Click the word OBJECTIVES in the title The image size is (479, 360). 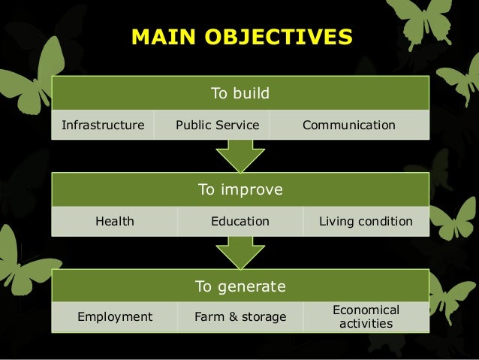pyautogui.click(x=277, y=37)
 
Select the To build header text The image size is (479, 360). pyautogui.click(x=239, y=94)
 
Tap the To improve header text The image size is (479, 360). pyautogui.click(x=239, y=190)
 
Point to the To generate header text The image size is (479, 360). pyautogui.click(x=239, y=286)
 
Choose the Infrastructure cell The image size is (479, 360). pyautogui.click(x=103, y=125)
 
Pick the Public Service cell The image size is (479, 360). pyautogui.click(x=217, y=125)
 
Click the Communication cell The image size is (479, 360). pyautogui.click(x=348, y=125)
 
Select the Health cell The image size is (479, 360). pyautogui.click(x=114, y=222)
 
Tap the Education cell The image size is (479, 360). pyautogui.click(x=239, y=222)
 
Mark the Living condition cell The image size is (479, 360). pyautogui.click(x=366, y=222)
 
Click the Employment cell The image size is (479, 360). pyautogui.click(x=114, y=317)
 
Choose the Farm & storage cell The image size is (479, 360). pyautogui.click(x=239, y=317)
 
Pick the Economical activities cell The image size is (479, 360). pyautogui.click(x=366, y=317)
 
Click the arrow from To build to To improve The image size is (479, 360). pyautogui.click(x=239, y=156)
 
